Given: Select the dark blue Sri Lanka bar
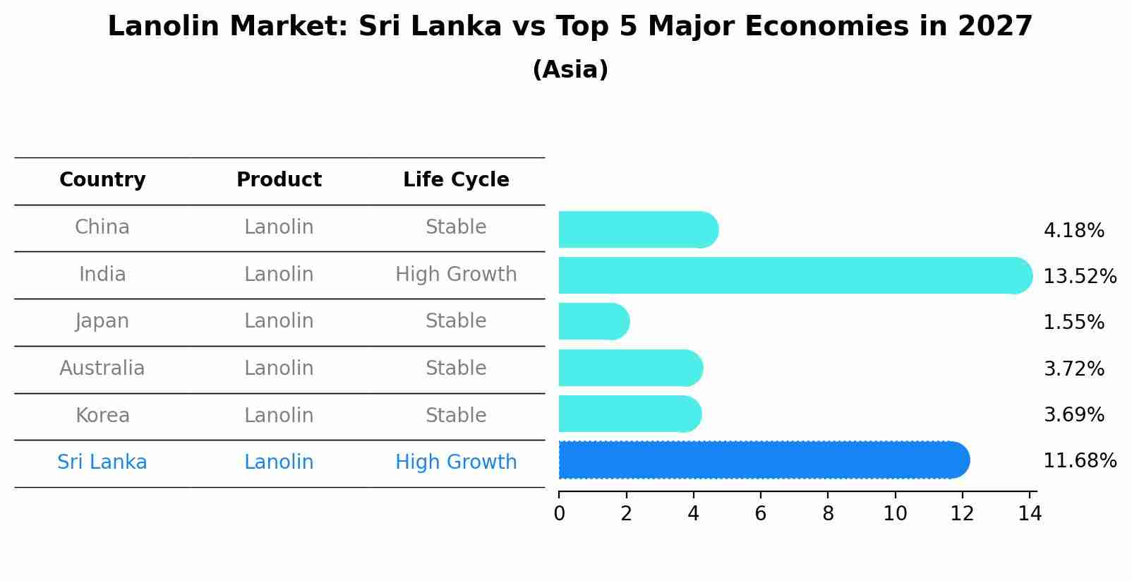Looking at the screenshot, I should pyautogui.click(x=762, y=460).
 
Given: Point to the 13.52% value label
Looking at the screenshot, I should pyautogui.click(x=1079, y=276).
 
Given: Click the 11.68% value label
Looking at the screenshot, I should pyautogui.click(x=1079, y=461).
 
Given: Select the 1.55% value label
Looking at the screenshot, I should pyautogui.click(x=1073, y=323).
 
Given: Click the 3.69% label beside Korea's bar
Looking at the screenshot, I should pyautogui.click(x=1073, y=415).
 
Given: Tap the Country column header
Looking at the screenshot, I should pyautogui.click(x=102, y=180).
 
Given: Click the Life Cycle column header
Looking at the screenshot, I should pyautogui.click(x=456, y=180).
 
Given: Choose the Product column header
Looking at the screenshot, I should pyautogui.click(x=279, y=180).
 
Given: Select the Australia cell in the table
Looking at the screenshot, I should pyautogui.click(x=102, y=369).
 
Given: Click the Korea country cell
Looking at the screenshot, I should pyautogui.click(x=102, y=416).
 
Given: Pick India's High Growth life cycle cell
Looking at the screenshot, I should pyautogui.click(x=456, y=275).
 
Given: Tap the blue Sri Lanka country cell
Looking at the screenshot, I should pyautogui.click(x=102, y=462).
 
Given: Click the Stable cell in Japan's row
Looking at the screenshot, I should pyautogui.click(x=456, y=321).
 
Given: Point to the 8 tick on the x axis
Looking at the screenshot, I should pyautogui.click(x=828, y=514).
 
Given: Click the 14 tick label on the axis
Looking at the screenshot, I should pyautogui.click(x=1030, y=514).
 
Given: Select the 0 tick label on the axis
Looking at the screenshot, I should pyautogui.click(x=559, y=514).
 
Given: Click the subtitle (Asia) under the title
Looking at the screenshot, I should pyautogui.click(x=570, y=70).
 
